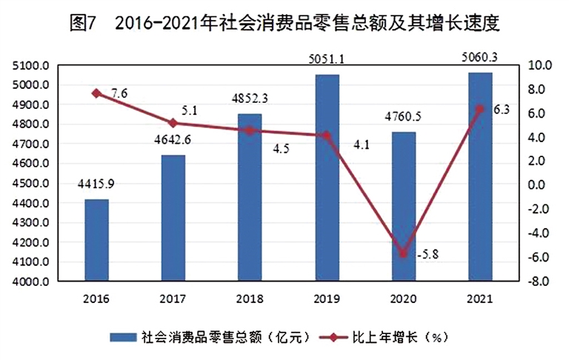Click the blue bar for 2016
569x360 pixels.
click(96, 240)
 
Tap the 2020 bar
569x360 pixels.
click(404, 207)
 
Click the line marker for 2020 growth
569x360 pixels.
click(404, 253)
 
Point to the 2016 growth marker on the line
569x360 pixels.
click(96, 93)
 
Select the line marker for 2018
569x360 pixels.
click(250, 130)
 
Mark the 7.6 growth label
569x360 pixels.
click(119, 93)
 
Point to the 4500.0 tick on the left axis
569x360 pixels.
click(30, 184)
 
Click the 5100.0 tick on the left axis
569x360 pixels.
click(30, 66)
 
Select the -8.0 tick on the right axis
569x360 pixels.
click(536, 281)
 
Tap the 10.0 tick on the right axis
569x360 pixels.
click(536, 66)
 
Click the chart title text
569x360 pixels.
click(284, 23)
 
